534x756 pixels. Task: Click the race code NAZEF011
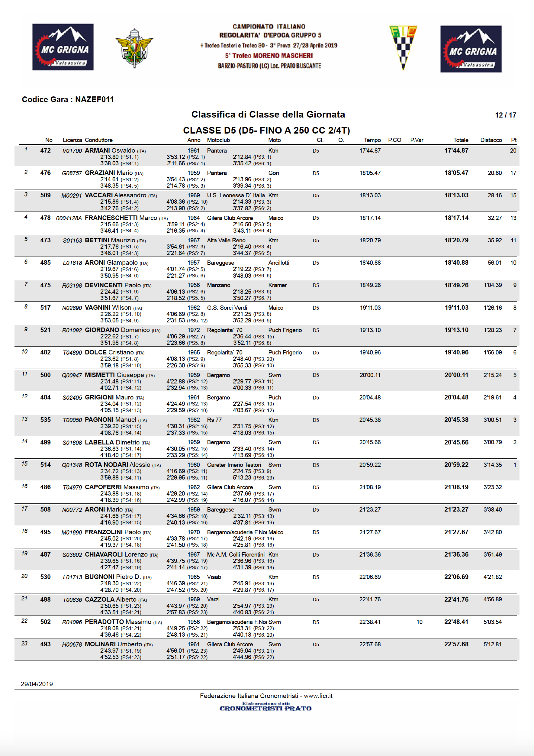(95, 99)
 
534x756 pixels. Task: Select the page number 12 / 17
(505, 115)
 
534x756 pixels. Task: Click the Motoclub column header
(218, 140)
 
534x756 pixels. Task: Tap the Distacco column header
(491, 140)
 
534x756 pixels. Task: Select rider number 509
(45, 195)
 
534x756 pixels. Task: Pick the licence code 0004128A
(69, 218)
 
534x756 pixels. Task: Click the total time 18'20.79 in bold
(456, 240)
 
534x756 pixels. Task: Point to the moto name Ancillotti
(278, 263)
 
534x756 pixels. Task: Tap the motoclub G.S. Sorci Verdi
(227, 308)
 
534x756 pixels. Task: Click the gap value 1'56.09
(493, 353)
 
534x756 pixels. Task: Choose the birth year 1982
(194, 420)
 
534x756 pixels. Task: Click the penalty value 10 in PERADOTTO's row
(419, 622)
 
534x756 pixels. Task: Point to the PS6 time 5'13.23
(242, 478)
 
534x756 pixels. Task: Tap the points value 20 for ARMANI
(513, 150)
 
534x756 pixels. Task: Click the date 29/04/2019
(37, 684)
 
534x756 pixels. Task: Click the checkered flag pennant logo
(403, 47)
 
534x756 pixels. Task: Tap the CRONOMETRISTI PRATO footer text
(265, 708)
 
